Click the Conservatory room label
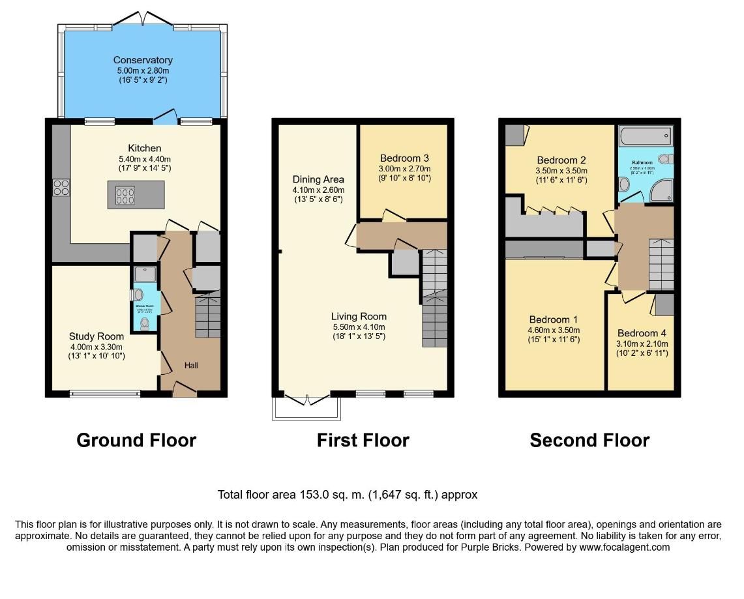coord(143,60)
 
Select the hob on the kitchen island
coord(125,196)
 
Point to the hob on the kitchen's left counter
coord(61,188)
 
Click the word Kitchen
coord(144,148)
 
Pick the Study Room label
coord(97,336)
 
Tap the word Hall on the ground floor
coord(191,366)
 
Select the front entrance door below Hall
coord(185,390)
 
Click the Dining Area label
coord(318,179)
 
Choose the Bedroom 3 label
coord(404,158)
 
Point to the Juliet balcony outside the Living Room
coord(305,408)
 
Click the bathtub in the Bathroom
coord(644,138)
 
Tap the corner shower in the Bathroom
coord(662,190)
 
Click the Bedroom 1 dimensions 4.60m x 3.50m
coord(553,330)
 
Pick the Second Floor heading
coord(589,441)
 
